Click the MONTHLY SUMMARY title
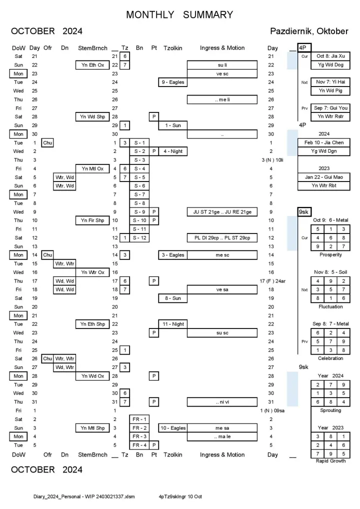click(179, 14)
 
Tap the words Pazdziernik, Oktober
click(309, 31)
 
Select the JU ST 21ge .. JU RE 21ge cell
click(222, 212)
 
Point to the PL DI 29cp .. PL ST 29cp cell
click(222, 237)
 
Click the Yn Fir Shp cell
click(92, 220)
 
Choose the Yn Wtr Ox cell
click(92, 272)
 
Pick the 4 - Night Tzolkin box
click(172, 151)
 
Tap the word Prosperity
click(330, 255)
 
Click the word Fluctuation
click(330, 306)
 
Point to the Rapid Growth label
click(330, 461)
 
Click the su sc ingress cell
click(222, 332)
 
